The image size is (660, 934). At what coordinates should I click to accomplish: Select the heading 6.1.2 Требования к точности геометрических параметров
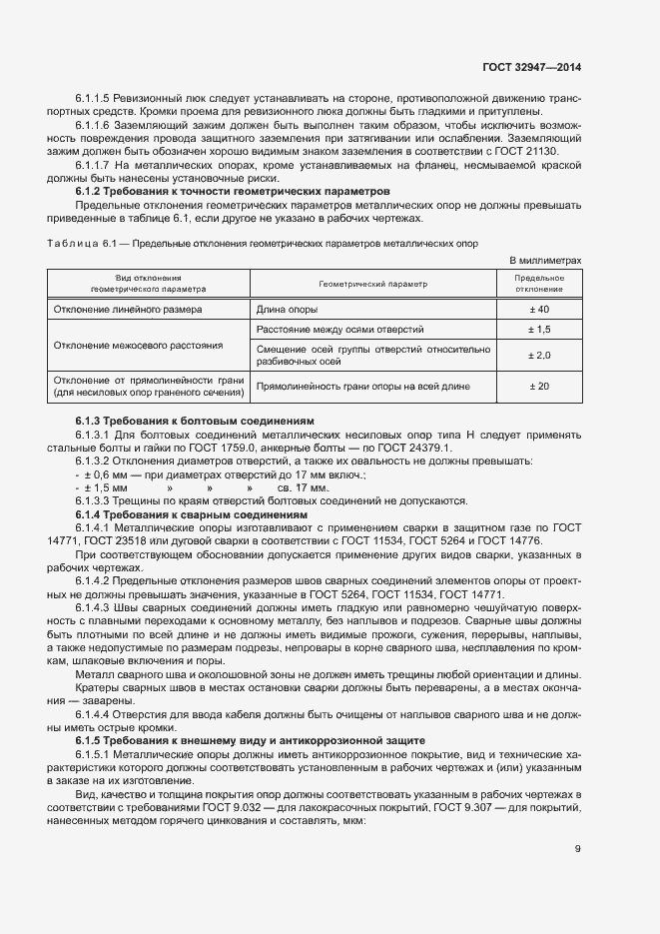click(233, 191)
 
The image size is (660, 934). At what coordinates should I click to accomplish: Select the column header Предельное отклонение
click(539, 284)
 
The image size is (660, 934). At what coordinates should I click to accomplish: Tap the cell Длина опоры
click(290, 310)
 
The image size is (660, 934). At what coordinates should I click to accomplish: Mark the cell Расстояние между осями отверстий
click(340, 329)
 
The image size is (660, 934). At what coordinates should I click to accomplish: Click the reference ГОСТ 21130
click(550, 151)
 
